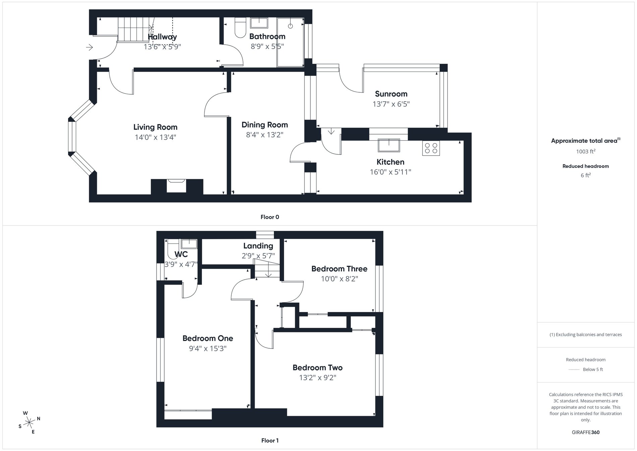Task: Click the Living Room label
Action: [155, 127]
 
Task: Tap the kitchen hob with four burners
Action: [431, 148]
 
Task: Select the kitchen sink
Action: [389, 146]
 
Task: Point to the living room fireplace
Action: [177, 186]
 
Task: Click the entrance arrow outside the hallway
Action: [89, 47]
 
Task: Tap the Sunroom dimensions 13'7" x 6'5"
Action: [391, 104]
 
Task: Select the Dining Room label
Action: [265, 125]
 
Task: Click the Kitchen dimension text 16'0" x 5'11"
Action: [390, 172]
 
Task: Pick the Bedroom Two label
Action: [317, 367]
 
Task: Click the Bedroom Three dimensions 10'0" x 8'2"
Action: [339, 279]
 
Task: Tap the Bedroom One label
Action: [208, 338]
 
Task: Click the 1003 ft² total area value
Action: [585, 151]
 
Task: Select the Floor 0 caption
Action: [270, 217]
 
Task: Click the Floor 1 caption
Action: [270, 441]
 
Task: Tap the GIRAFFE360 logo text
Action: [585, 432]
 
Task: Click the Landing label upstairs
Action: [258, 246]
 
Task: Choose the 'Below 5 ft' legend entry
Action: [593, 369]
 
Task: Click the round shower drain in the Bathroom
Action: [290, 26]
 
